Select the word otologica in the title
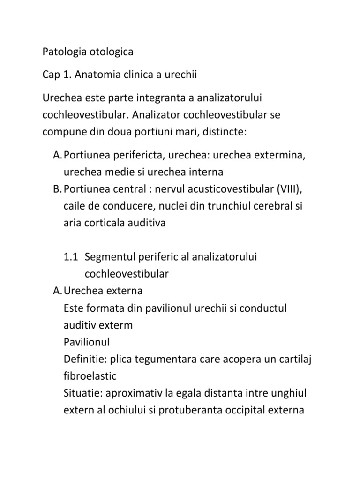(x=110, y=52)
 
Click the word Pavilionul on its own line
(x=86, y=342)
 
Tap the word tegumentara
(x=176, y=359)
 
